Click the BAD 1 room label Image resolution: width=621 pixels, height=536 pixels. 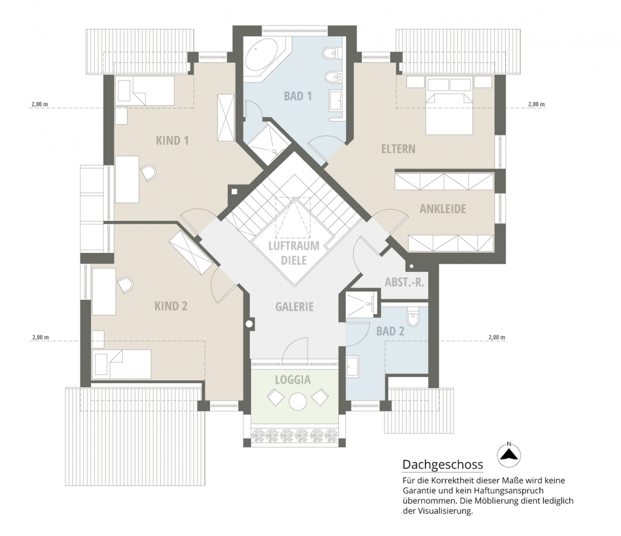pyautogui.click(x=298, y=96)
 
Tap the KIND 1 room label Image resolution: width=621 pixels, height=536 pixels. pyautogui.click(x=172, y=140)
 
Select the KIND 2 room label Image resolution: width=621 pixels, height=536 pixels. pyautogui.click(x=171, y=306)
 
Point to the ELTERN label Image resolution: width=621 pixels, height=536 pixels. pyautogui.click(x=398, y=148)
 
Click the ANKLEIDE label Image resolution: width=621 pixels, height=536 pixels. pyautogui.click(x=442, y=209)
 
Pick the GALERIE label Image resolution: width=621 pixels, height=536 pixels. pyautogui.click(x=294, y=306)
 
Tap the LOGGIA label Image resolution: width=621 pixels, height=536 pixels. pyautogui.click(x=292, y=380)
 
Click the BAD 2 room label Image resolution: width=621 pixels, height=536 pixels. pyautogui.click(x=390, y=331)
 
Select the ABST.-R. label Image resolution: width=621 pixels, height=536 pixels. pyautogui.click(x=404, y=282)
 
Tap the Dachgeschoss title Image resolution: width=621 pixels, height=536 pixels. pyautogui.click(x=442, y=464)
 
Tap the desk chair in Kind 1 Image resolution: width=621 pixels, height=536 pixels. pyautogui.click(x=149, y=173)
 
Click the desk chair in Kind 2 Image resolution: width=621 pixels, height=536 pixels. pyautogui.click(x=125, y=284)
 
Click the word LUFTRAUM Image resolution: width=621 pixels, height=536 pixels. pyautogui.click(x=294, y=246)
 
